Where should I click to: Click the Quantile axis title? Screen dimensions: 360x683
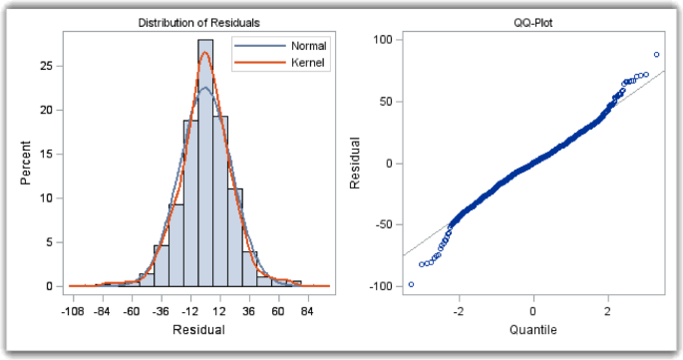click(532, 329)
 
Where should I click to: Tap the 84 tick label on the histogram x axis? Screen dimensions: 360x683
click(309, 310)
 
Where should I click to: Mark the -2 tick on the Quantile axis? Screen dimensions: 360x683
click(457, 310)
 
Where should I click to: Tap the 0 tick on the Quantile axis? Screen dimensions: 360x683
click(532, 310)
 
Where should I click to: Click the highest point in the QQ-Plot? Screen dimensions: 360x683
click(656, 55)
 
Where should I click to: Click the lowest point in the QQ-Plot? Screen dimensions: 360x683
click(411, 284)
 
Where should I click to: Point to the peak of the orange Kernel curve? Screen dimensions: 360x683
click(205, 53)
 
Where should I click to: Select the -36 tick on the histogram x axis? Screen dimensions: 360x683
click(161, 310)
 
